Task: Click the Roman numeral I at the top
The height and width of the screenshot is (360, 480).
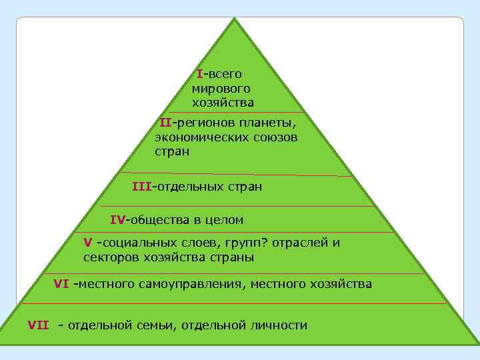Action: click(199, 73)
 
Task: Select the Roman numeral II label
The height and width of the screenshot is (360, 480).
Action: click(165, 123)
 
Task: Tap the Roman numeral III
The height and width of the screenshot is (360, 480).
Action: click(141, 187)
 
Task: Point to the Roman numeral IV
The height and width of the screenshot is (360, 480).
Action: click(117, 219)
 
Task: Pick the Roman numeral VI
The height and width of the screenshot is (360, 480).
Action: click(61, 284)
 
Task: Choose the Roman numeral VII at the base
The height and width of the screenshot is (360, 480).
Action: click(38, 325)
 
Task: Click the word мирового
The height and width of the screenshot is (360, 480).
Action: click(221, 88)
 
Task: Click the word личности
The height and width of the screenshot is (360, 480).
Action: click(278, 325)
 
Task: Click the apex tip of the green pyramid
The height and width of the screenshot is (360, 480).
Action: click(235, 19)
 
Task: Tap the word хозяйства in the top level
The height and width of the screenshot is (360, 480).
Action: click(223, 103)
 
